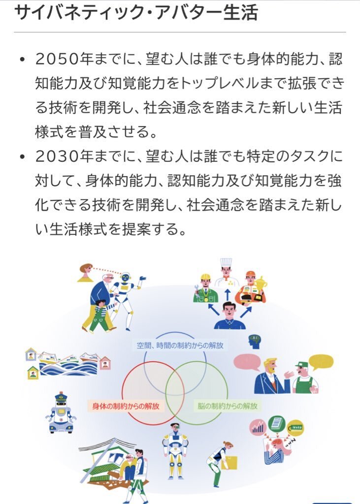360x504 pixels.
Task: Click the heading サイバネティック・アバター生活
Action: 136,12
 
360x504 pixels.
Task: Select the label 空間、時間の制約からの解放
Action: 180,346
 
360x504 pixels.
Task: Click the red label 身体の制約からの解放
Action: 126,406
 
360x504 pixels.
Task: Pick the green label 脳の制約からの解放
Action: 228,406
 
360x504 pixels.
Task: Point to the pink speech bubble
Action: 247,362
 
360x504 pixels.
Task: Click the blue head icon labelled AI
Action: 255,342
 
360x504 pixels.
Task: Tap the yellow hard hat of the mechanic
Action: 205,277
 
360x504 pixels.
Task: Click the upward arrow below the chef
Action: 228,295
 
